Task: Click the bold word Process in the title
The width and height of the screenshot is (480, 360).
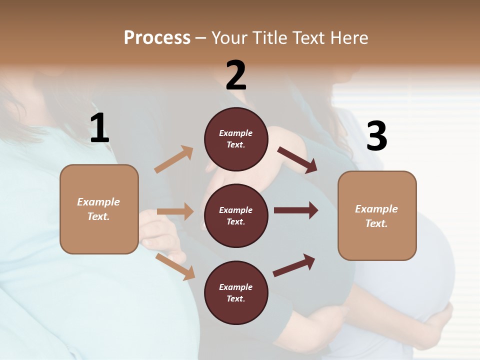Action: coord(157,37)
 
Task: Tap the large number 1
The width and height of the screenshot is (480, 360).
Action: coord(99,128)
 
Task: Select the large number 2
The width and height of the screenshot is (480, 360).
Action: coord(236,75)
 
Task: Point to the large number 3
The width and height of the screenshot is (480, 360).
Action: coord(376,136)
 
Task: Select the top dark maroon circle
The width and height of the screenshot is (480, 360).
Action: coord(236,139)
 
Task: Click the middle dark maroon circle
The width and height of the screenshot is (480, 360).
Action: coord(236,215)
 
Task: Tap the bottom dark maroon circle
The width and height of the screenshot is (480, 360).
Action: coord(236,292)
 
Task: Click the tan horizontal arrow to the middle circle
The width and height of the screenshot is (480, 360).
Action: coord(175,211)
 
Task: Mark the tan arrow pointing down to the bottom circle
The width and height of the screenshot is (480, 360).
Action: coord(175,266)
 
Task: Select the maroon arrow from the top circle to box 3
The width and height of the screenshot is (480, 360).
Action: coord(297,159)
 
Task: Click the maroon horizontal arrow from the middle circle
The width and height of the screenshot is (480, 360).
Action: coord(296,210)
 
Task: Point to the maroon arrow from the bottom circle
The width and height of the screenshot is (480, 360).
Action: coord(294,265)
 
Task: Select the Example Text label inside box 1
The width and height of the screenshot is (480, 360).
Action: coord(98,209)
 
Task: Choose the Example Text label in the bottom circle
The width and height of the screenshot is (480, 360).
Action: coord(236,292)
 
